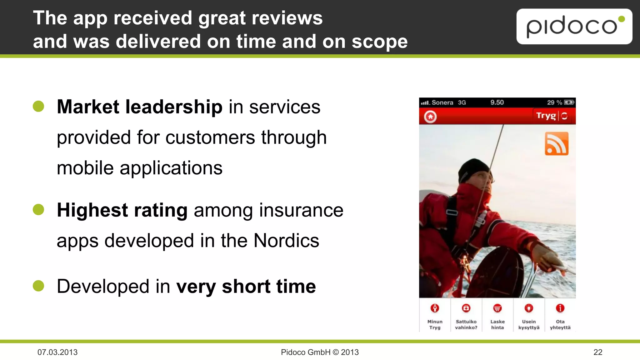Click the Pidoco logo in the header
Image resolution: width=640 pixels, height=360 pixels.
[574, 27]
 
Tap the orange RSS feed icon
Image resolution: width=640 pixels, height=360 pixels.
[557, 144]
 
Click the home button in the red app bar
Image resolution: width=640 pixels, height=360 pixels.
[430, 117]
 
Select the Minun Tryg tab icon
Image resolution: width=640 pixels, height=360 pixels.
[435, 308]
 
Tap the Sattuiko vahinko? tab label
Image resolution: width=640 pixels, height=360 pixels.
[466, 324]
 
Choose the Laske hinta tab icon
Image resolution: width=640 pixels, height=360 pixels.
[497, 308]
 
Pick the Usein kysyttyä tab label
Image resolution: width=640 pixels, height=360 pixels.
[529, 324]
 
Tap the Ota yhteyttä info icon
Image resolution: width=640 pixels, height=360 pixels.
[560, 308]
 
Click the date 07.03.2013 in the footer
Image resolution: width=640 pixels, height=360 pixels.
[57, 352]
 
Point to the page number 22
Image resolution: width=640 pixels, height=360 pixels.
[598, 352]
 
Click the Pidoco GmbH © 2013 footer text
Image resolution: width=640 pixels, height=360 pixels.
[320, 352]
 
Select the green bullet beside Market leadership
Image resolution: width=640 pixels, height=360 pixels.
[38, 106]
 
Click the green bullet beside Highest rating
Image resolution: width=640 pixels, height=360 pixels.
[38, 209]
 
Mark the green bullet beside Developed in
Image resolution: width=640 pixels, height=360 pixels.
[38, 286]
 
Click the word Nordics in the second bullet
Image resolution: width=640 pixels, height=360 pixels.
[286, 241]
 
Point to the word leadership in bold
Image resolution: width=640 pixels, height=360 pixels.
[174, 107]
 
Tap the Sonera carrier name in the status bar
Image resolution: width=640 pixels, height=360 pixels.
[442, 102]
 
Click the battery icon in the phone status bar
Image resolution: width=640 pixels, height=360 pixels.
[569, 102]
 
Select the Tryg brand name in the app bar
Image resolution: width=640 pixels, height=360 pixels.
[546, 116]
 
